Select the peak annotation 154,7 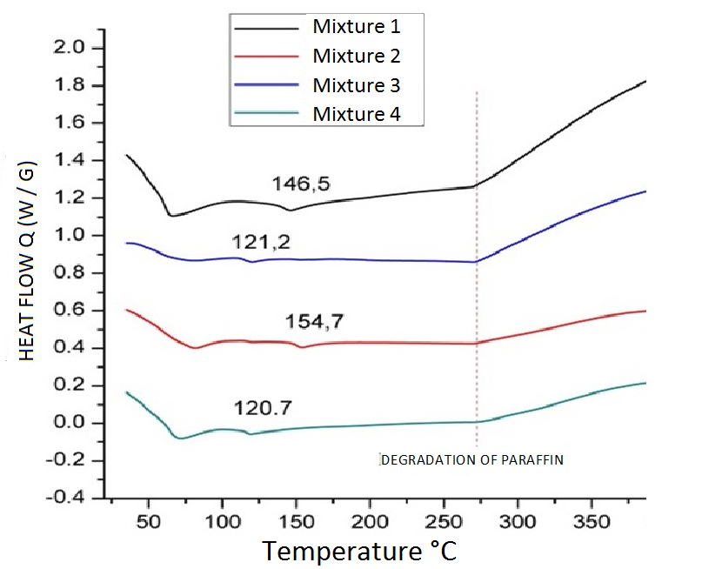[x=315, y=322]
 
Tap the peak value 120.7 [x=262, y=407]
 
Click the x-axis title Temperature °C [x=359, y=550]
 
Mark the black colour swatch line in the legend [x=266, y=26]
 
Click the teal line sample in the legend [x=266, y=114]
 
